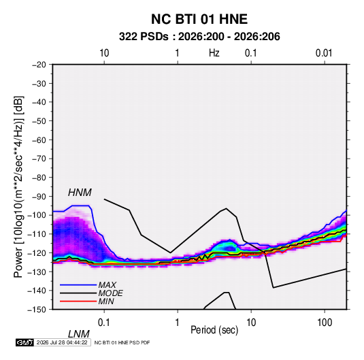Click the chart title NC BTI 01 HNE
click(199, 19)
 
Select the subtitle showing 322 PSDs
click(199, 37)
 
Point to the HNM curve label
click(80, 193)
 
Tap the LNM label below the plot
click(79, 334)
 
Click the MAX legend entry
click(107, 284)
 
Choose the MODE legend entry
click(110, 293)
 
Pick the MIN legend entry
click(106, 301)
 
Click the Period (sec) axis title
click(214, 330)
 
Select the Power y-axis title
click(18, 187)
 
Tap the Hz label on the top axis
click(214, 53)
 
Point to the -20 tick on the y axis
click(39, 65)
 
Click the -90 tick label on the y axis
click(39, 196)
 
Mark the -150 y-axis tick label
click(37, 310)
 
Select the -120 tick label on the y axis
click(37, 252)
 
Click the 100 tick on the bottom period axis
click(325, 323)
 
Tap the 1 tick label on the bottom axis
click(178, 323)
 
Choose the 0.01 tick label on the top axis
click(324, 53)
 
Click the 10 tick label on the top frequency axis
click(104, 53)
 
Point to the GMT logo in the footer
click(24, 342)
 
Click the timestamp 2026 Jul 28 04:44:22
click(62, 342)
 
